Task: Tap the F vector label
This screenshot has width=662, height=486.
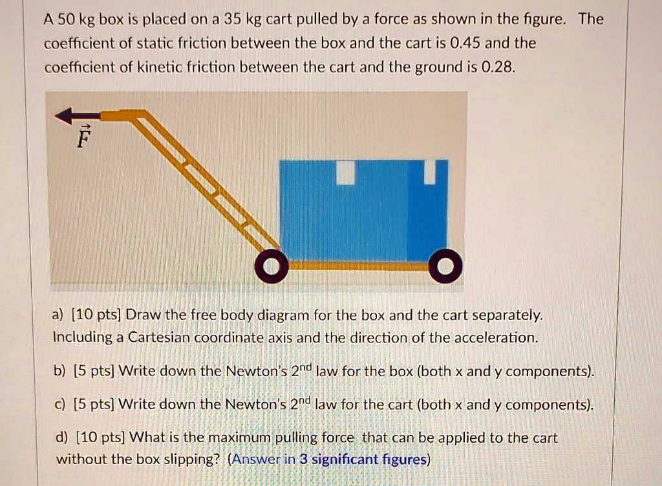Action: [x=81, y=138]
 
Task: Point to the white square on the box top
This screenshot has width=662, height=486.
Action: [x=347, y=173]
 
